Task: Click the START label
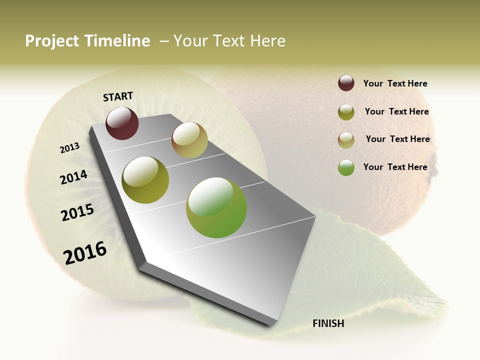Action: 118,96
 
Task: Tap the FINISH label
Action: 328,323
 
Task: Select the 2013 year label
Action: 70,148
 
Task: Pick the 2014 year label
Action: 74,177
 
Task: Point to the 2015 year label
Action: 77,212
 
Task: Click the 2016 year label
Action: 85,252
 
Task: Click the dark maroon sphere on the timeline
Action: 122,123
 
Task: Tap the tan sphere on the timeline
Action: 189,140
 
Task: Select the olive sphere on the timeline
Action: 145,179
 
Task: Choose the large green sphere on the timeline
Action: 216,207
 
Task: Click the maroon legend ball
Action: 346,83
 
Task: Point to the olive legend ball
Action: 346,112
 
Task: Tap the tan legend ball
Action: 346,140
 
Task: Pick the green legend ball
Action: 346,167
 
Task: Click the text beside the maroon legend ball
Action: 395,83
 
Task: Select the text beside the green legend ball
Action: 395,167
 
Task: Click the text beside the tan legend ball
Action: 397,139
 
